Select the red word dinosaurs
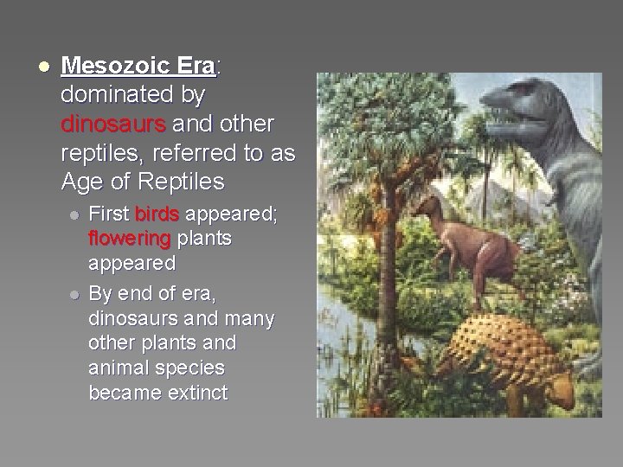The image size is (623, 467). (x=112, y=124)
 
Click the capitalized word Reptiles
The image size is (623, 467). (x=179, y=182)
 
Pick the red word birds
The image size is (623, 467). (x=156, y=214)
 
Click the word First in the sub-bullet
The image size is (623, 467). (x=109, y=214)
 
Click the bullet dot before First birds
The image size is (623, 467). (x=75, y=215)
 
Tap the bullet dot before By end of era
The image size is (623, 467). (x=75, y=296)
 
